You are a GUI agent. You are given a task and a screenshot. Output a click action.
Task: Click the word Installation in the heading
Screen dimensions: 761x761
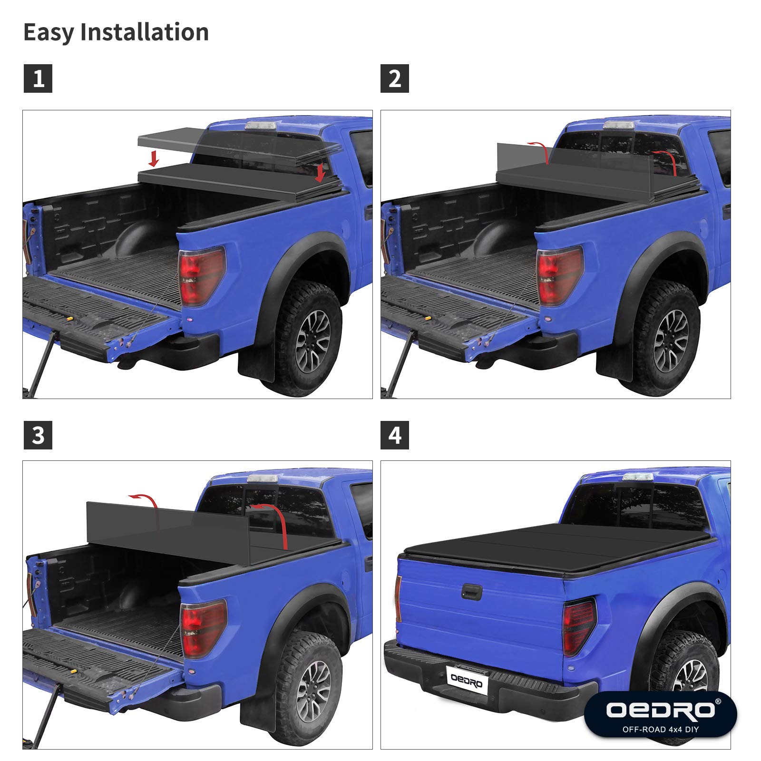[x=145, y=32]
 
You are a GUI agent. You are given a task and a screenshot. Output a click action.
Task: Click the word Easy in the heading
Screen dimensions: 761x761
[x=49, y=32]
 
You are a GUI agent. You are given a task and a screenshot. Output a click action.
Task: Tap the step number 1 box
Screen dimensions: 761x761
[x=38, y=78]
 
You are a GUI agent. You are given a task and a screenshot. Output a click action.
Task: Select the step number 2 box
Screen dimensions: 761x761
[x=395, y=78]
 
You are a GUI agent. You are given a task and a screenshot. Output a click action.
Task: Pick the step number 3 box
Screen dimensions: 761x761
[x=38, y=435]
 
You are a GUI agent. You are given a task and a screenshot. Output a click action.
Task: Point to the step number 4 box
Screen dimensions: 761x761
[x=395, y=435]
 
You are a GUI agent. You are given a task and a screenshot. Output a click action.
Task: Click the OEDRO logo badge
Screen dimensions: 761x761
[x=660, y=713]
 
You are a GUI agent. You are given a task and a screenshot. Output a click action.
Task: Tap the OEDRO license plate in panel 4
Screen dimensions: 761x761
[x=467, y=680]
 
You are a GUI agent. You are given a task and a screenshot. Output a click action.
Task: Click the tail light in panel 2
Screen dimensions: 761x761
[x=559, y=275]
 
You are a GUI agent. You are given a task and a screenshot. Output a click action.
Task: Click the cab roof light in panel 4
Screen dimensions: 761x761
[x=638, y=477]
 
